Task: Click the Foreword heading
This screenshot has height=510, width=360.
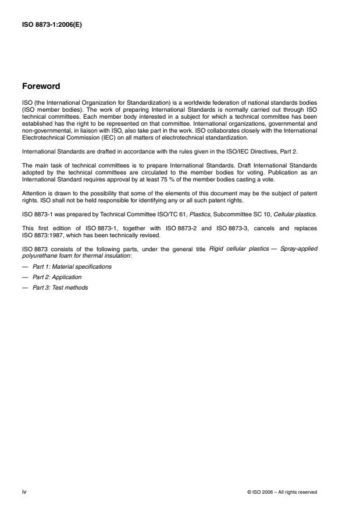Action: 40,87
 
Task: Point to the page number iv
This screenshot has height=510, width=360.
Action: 24,491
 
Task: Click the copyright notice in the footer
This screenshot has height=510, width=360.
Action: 282,492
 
